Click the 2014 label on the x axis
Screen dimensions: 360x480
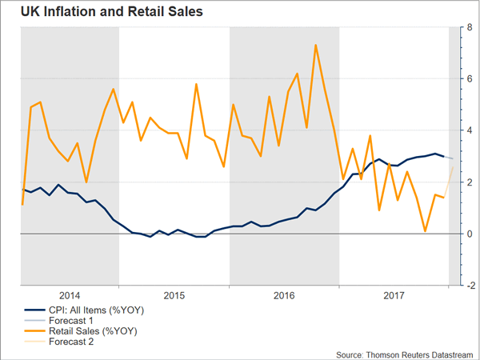[69, 294]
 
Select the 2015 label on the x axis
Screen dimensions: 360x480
[174, 294]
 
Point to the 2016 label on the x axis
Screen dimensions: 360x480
[285, 294]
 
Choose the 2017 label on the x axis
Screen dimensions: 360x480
[393, 294]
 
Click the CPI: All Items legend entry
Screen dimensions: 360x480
[82, 308]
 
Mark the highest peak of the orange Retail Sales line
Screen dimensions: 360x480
[316, 45]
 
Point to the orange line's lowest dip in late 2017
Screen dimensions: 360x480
[425, 231]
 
